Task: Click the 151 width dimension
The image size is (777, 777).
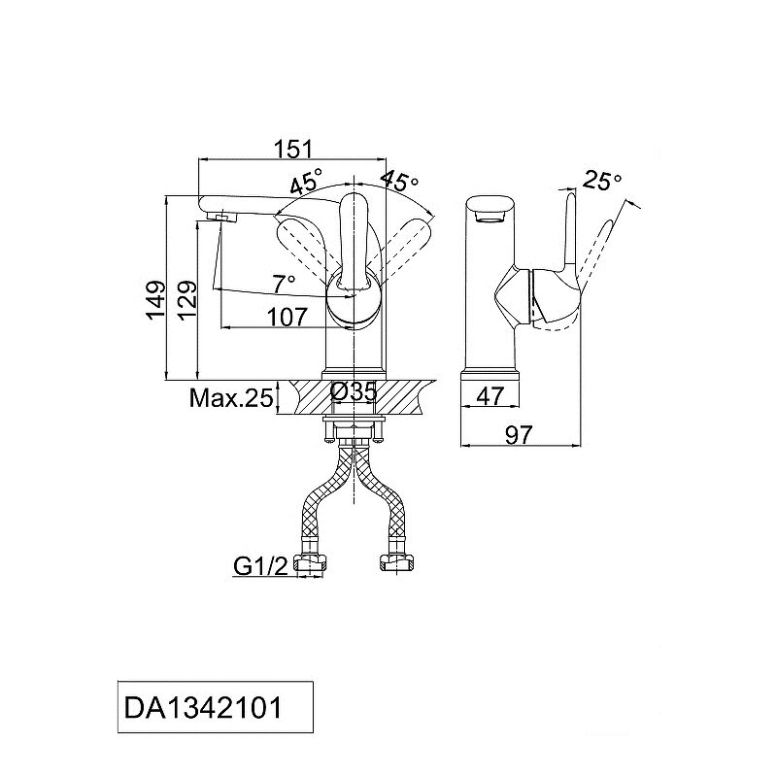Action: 292,149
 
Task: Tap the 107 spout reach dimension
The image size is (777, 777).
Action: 287,316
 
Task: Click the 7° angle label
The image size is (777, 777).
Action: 283,284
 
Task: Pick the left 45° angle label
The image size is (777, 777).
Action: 305,183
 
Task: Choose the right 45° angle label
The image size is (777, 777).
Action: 399,181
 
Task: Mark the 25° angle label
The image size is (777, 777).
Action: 603,180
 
